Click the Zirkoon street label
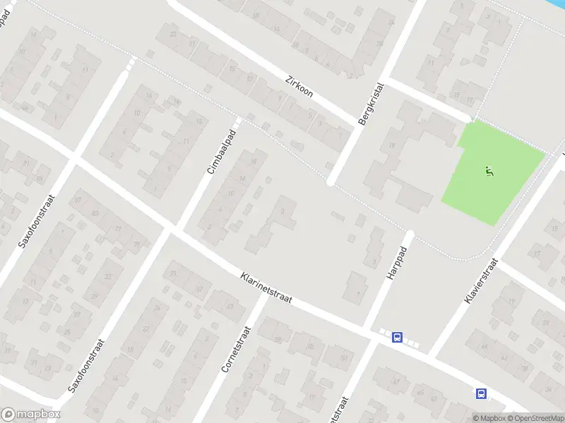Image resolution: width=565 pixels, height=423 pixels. tap(299, 86)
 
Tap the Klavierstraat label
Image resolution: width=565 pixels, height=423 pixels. tap(482, 281)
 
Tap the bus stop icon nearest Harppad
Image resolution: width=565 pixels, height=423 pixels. tap(398, 338)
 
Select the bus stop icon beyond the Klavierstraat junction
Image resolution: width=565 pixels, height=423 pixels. tap(482, 393)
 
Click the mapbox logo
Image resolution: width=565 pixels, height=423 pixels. tap(31, 415)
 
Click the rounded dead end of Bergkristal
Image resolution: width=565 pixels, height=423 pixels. tap(331, 182)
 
